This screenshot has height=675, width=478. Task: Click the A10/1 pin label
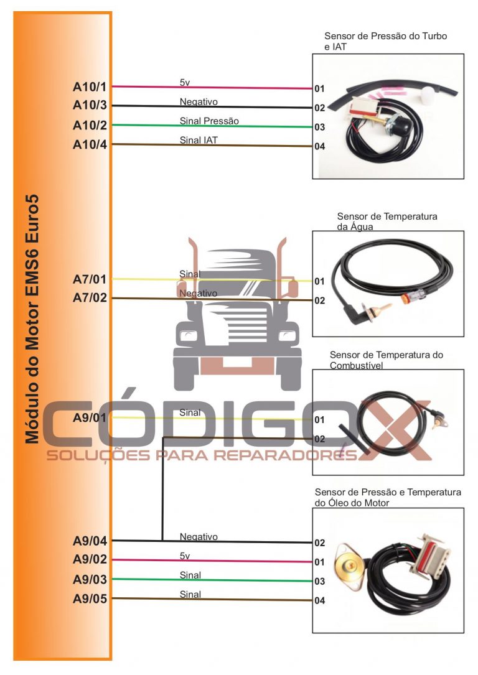tap(90, 86)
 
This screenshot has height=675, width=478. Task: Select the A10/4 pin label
tap(90, 145)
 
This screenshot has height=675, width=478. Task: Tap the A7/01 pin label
tap(90, 279)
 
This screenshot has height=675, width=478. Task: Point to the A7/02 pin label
tap(90, 298)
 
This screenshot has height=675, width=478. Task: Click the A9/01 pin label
tap(90, 417)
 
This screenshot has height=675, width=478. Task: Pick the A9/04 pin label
tap(90, 541)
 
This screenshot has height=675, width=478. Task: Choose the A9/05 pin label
tap(90, 599)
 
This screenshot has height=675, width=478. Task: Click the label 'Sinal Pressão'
tap(209, 121)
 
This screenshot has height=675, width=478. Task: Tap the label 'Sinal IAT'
tap(199, 140)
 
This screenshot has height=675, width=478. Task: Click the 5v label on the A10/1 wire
tap(185, 82)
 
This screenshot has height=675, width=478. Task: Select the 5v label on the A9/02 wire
tap(185, 556)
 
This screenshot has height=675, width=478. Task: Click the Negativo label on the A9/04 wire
tap(199, 536)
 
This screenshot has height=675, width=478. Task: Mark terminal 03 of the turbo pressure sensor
tap(320, 128)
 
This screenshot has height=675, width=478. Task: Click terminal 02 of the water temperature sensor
tap(320, 300)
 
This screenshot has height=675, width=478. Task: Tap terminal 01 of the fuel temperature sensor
tap(320, 420)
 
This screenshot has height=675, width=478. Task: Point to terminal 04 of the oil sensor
tap(320, 601)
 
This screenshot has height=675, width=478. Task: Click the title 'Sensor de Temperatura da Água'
tap(387, 221)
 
